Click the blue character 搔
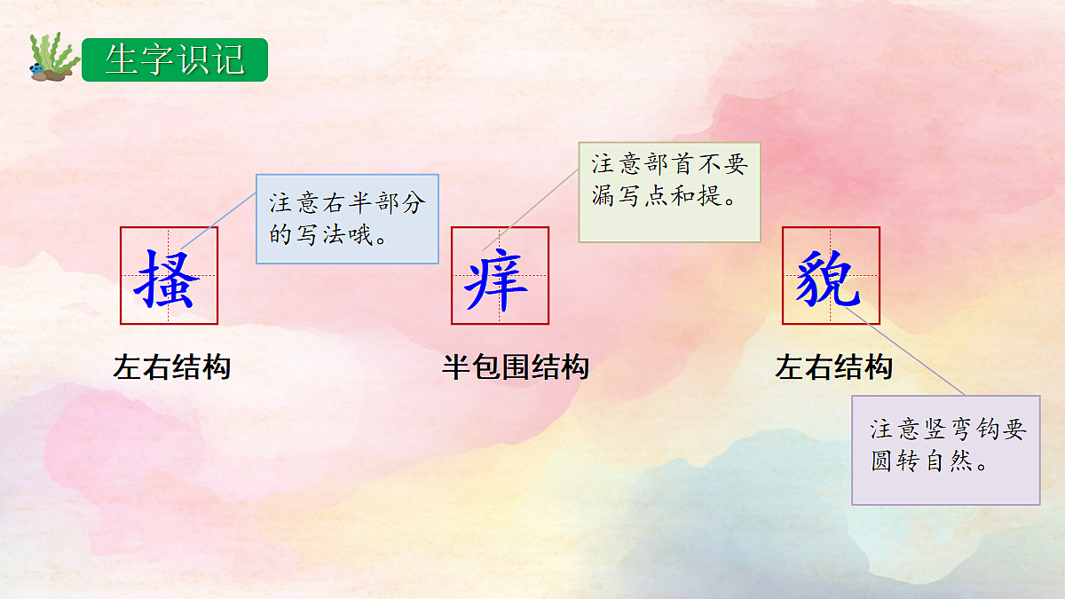point(169,277)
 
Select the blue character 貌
point(829,276)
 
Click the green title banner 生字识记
point(174,59)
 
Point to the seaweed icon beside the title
point(49,58)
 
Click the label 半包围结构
point(516,367)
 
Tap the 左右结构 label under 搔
point(172,367)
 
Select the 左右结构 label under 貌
point(834,367)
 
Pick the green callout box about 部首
point(669,192)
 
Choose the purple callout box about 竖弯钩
point(945,450)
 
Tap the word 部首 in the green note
point(659,165)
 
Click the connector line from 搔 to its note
point(218,222)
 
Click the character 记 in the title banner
point(228,59)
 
